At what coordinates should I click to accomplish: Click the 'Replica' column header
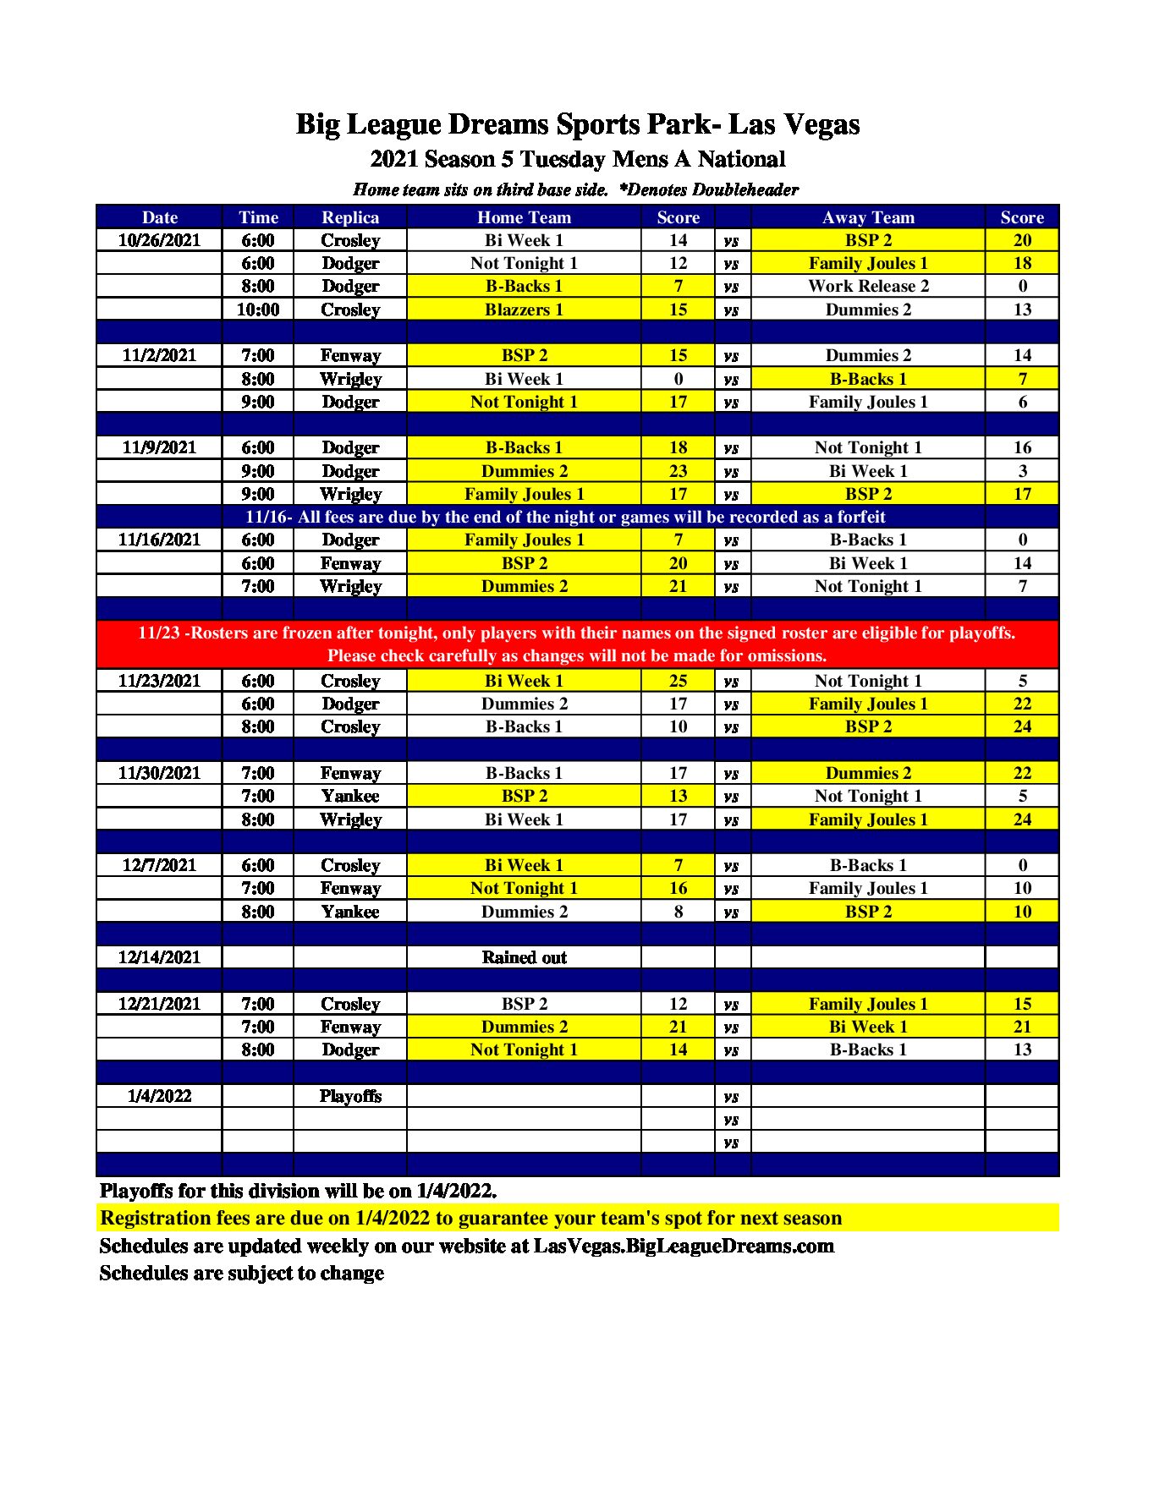[x=350, y=217]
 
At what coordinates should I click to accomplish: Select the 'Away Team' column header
[x=868, y=217]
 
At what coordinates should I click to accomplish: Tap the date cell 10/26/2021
[x=159, y=240]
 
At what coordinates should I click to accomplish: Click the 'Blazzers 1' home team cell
[x=524, y=310]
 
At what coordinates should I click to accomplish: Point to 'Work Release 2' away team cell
[x=868, y=286]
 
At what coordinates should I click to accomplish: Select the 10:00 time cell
[x=258, y=310]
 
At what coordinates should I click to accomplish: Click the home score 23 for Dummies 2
[x=678, y=471]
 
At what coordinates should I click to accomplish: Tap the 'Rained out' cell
[x=524, y=957]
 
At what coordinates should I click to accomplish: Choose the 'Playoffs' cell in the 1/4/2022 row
[x=350, y=1096]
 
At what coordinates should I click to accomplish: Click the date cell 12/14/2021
[x=159, y=957]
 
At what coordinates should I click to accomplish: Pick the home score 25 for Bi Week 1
[x=678, y=681]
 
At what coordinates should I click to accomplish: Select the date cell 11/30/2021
[x=159, y=773]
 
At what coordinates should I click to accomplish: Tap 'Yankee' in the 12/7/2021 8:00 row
[x=350, y=912]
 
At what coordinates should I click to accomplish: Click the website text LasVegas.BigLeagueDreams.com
[x=684, y=1246]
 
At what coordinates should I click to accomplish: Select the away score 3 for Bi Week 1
[x=1022, y=471]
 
